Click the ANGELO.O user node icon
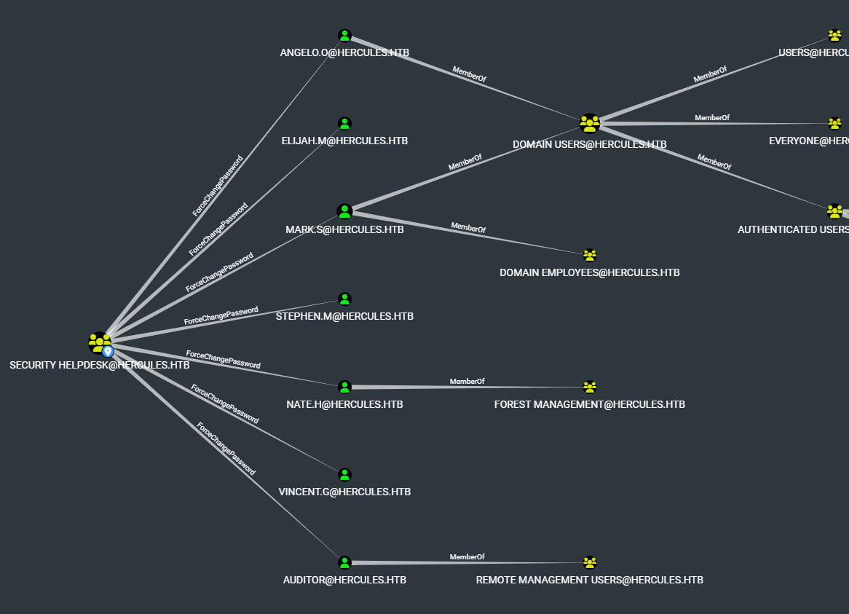[344, 36]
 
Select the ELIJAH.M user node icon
[344, 124]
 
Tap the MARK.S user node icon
[344, 212]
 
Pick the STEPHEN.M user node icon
[344, 299]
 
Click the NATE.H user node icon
[344, 387]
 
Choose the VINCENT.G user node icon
[344, 475]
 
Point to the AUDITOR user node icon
[344, 563]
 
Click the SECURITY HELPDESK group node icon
[99, 342]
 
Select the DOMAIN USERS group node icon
[589, 124]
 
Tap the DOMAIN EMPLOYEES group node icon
[590, 256]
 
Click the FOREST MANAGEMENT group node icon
[590, 387]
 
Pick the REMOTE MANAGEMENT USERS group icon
[590, 563]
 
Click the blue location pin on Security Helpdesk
[108, 351]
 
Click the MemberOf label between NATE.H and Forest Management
[467, 381]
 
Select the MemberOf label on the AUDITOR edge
[467, 557]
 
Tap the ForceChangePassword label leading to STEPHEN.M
[221, 316]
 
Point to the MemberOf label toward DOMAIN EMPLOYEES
[468, 228]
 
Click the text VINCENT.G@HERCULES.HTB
[344, 492]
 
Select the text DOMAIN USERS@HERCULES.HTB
[589, 144]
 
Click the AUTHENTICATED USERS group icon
[834, 212]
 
